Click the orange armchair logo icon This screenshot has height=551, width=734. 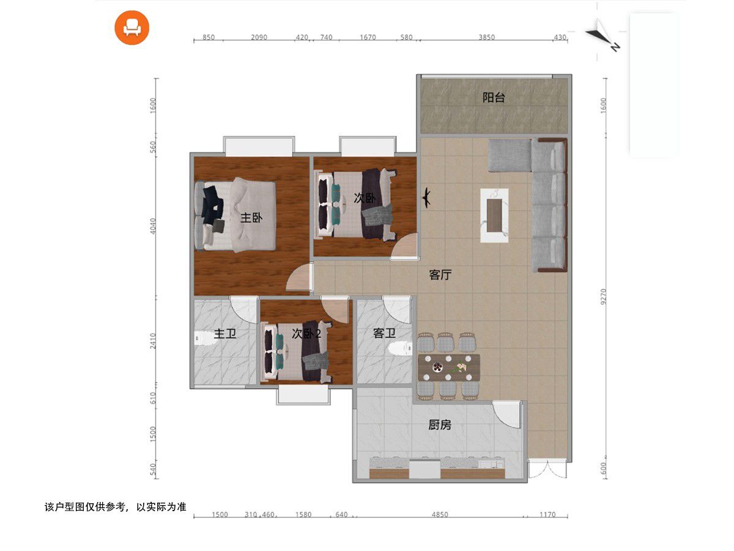[x=132, y=28]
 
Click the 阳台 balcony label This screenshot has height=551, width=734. [x=493, y=98]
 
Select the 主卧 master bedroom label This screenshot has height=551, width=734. [x=251, y=218]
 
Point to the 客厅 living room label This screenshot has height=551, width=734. [x=440, y=275]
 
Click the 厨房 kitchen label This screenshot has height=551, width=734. [x=440, y=425]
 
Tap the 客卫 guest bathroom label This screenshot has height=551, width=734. [x=384, y=333]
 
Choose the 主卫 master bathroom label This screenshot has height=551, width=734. [x=224, y=334]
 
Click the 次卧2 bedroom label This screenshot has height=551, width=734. [x=306, y=334]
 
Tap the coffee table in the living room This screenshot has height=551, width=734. [x=494, y=215]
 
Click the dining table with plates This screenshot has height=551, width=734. [x=449, y=368]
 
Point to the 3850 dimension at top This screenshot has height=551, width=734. [x=486, y=37]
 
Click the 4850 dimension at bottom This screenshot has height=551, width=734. [x=440, y=514]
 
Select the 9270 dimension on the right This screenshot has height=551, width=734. [x=603, y=296]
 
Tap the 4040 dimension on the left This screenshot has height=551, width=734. [x=153, y=226]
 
